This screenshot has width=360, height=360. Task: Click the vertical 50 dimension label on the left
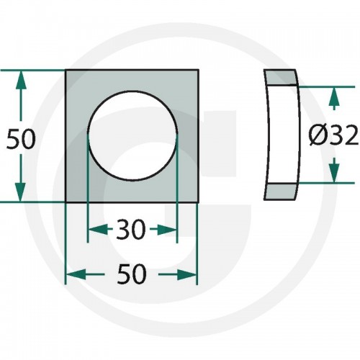[x=21, y=139]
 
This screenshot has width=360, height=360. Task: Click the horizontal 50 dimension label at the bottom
[x=132, y=274]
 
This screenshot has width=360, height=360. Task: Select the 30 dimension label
[x=131, y=230]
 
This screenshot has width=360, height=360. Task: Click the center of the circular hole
[x=132, y=136]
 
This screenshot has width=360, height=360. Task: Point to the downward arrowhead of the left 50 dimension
[x=20, y=192]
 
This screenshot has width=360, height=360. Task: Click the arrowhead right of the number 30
[x=167, y=230]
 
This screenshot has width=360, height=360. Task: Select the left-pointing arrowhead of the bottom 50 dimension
[x=76, y=274]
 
